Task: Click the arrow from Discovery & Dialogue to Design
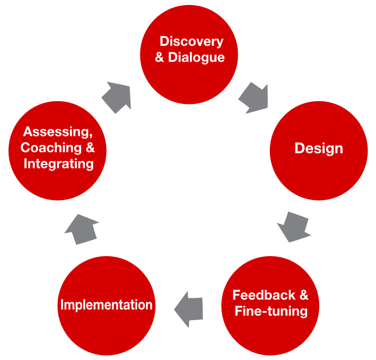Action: click(x=254, y=98)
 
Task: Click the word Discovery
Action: click(x=191, y=42)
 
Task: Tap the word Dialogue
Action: click(x=197, y=57)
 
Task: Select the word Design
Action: click(x=318, y=149)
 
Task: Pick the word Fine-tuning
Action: click(x=271, y=311)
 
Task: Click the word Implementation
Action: click(x=106, y=305)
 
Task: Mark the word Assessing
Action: click(x=57, y=133)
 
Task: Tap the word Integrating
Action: click(x=58, y=164)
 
